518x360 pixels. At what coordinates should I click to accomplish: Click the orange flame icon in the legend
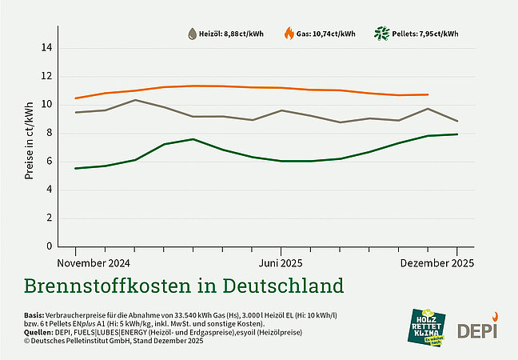289,34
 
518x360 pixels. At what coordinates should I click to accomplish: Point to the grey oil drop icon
192,34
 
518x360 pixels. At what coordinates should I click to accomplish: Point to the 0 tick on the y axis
49,246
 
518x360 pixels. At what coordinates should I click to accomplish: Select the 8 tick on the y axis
49,133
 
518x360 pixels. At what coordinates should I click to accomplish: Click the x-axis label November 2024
94,262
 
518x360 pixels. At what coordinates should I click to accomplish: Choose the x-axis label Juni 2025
280,262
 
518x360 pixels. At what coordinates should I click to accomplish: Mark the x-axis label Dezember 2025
436,262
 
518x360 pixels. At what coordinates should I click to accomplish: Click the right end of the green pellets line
457,134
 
